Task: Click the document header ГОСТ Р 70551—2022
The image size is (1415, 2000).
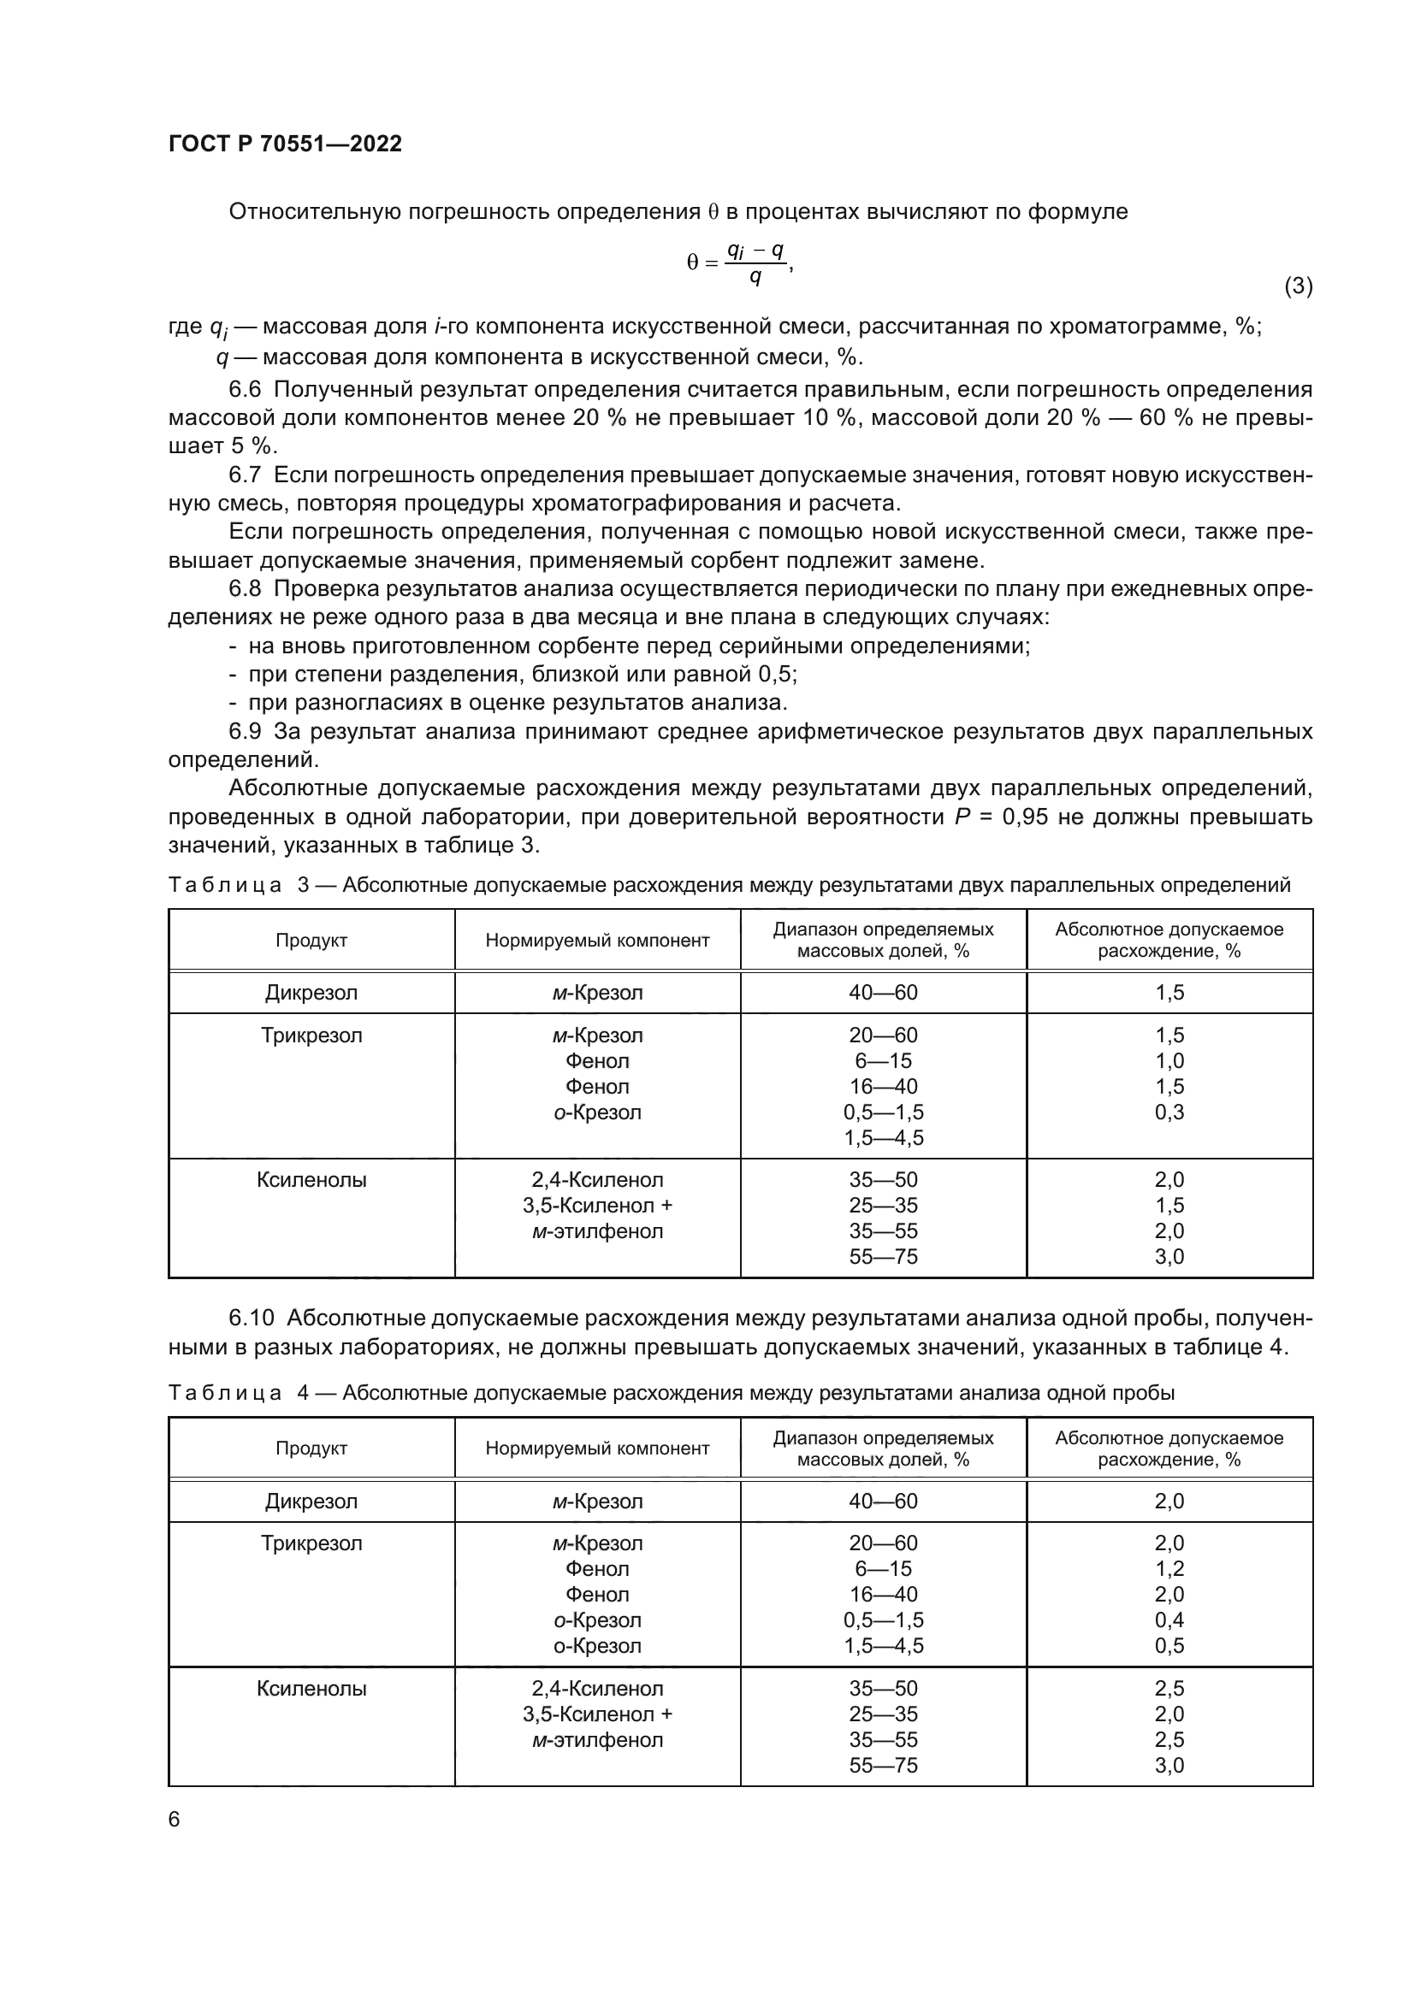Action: [x=285, y=144]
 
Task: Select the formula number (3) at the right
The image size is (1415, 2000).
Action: [x=1298, y=286]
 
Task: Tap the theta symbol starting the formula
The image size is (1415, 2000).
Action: [x=692, y=263]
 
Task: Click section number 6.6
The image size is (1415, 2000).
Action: [x=245, y=388]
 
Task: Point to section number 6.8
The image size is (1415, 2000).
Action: [x=245, y=589]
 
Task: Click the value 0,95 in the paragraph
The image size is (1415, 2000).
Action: [x=1031, y=817]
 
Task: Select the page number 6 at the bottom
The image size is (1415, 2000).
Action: [x=175, y=1819]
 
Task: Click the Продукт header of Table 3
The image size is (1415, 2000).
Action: [x=311, y=940]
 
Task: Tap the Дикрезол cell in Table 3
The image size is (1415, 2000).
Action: [x=311, y=992]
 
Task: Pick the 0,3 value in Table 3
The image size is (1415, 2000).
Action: [x=1169, y=1112]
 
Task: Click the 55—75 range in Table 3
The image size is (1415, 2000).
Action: [x=884, y=1256]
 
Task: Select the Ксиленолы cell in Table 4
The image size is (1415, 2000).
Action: [x=311, y=1688]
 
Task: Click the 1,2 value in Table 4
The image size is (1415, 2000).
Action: [x=1169, y=1568]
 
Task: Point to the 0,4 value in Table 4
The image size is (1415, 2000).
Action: [x=1169, y=1619]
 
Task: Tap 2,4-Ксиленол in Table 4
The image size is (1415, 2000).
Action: [x=598, y=1688]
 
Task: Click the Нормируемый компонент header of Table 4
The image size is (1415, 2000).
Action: [x=598, y=1448]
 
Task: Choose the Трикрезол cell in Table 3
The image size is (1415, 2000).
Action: [x=311, y=1035]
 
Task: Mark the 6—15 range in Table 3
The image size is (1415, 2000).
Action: [x=884, y=1060]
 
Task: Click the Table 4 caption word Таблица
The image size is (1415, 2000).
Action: [x=225, y=1393]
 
